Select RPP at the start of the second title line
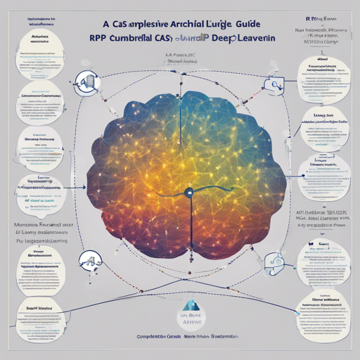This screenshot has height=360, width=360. [101, 41]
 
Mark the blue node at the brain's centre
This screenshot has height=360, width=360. [188, 191]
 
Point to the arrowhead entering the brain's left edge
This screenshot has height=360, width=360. [85, 188]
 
